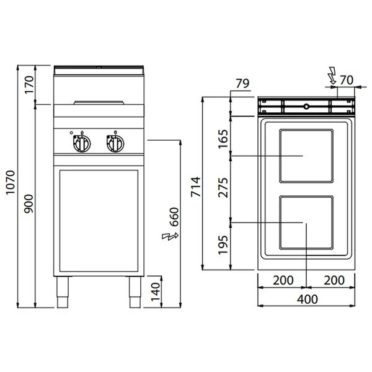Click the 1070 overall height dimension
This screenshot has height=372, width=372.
[x=11, y=182]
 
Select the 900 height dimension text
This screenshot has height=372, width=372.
[x=29, y=203]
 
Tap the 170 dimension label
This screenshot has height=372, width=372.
[x=29, y=85]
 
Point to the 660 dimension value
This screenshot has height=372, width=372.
[x=174, y=217]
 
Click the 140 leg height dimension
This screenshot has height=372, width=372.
[x=156, y=291]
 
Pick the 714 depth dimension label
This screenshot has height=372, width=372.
[x=196, y=187]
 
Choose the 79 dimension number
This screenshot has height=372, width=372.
[x=242, y=84]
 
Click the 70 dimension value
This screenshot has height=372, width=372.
[x=347, y=80]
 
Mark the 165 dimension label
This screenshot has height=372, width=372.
[x=223, y=139]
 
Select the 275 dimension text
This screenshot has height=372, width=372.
[x=223, y=187]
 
